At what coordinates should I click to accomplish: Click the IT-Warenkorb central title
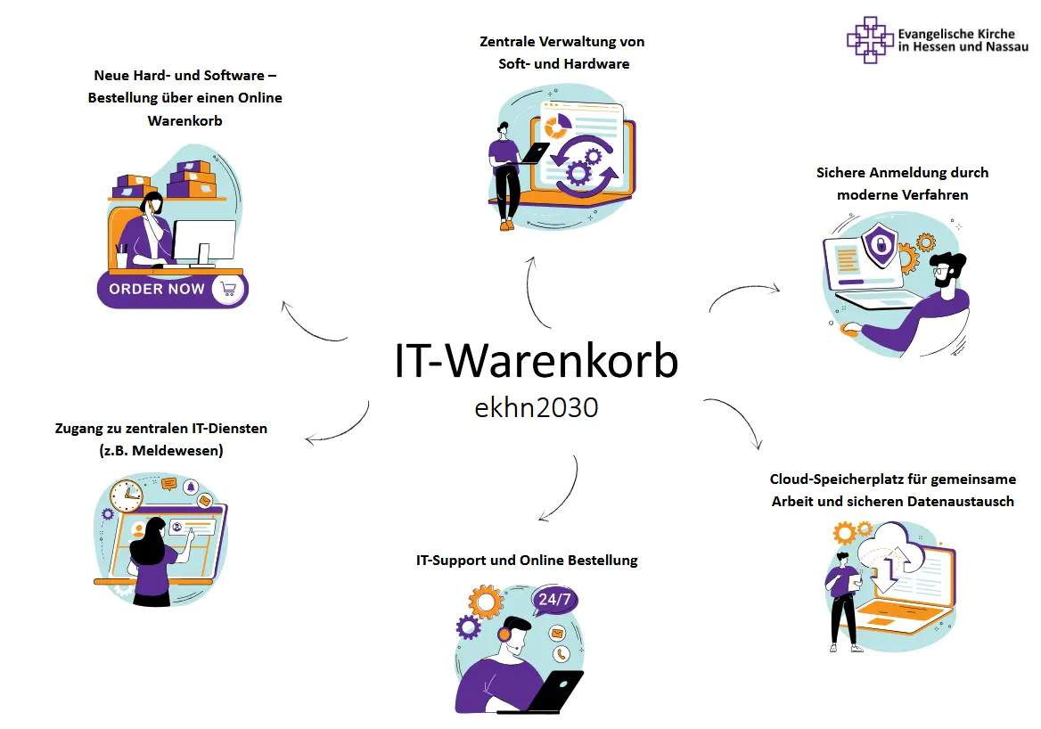coord(536,362)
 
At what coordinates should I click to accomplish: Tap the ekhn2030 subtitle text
coord(536,407)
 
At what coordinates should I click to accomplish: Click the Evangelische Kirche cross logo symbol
coord(870,40)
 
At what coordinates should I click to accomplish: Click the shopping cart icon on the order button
coord(228,289)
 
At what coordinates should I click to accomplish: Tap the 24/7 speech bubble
coord(553,600)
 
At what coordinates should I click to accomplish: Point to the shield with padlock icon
coord(879,245)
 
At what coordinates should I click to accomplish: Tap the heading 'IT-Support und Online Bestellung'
coord(527,561)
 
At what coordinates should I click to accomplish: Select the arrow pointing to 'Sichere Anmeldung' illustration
coord(744,293)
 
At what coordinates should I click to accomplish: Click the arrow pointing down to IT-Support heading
coord(560,489)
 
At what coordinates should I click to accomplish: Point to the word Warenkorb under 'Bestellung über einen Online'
coord(184,120)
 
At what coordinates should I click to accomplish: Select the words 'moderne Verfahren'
coord(902,194)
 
